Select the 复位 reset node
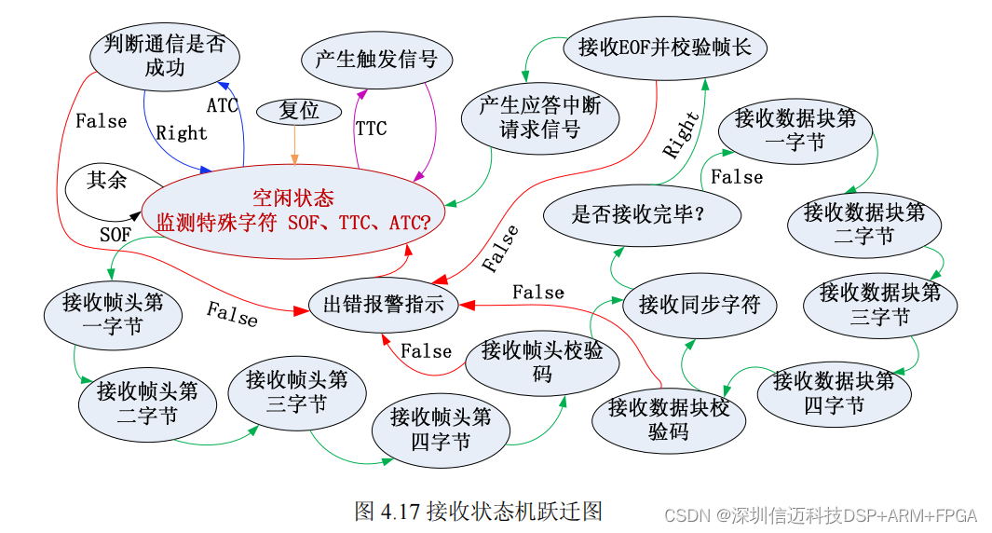(298, 111)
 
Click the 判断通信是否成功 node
(165, 56)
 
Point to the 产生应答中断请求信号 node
(539, 117)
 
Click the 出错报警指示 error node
(383, 304)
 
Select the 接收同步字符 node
(700, 304)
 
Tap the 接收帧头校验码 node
(542, 362)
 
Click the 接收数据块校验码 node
(669, 419)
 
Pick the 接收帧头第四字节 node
(441, 429)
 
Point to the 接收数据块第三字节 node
(879, 305)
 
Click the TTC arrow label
(371, 129)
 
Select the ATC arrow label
(223, 105)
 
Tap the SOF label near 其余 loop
(116, 235)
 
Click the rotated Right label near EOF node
(681, 135)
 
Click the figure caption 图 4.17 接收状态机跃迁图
(478, 511)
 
